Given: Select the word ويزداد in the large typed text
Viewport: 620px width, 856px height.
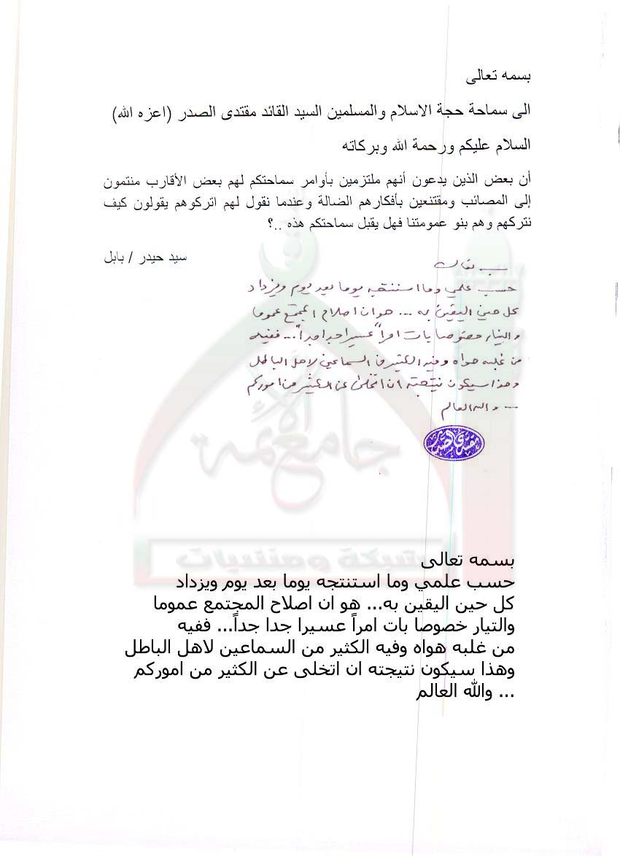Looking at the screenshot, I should [x=200, y=584].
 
